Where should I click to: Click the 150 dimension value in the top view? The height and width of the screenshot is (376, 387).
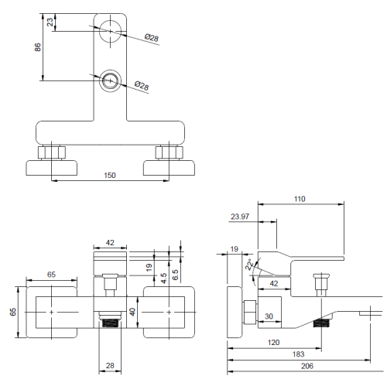pos(110,176)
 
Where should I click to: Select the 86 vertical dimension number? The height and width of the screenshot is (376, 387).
pos(38,47)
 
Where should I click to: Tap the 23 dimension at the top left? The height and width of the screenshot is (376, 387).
pos(50,22)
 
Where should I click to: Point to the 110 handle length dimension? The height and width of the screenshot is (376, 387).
pos(300,199)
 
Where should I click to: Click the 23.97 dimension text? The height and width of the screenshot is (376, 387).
pos(240,217)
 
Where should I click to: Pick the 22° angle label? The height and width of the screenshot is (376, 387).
pos(249,265)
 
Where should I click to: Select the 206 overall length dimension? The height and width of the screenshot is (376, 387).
pos(307,366)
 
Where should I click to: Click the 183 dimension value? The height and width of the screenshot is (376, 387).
pos(298,354)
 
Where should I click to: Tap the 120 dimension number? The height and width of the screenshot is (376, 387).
pos(273,342)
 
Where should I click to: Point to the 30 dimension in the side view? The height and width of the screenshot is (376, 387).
pos(269,316)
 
